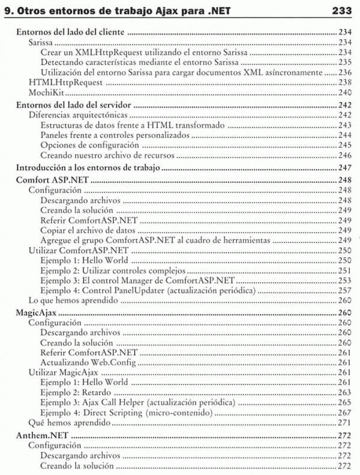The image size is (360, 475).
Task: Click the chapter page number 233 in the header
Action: pyautogui.click(x=343, y=11)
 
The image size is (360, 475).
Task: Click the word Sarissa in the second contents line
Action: pyautogui.click(x=43, y=43)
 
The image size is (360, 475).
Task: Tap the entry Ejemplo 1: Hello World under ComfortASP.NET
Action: pyautogui.click(x=85, y=260)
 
